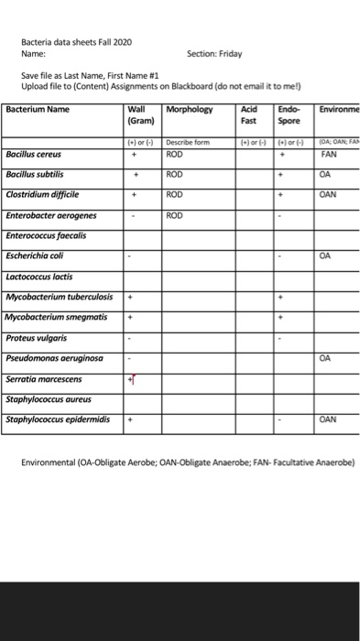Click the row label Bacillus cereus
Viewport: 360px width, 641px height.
pyautogui.click(x=34, y=155)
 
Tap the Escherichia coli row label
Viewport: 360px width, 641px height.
pyautogui.click(x=37, y=255)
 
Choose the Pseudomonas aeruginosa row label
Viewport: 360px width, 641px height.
pyautogui.click(x=54, y=358)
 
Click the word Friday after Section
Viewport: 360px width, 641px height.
pyautogui.click(x=228, y=54)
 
